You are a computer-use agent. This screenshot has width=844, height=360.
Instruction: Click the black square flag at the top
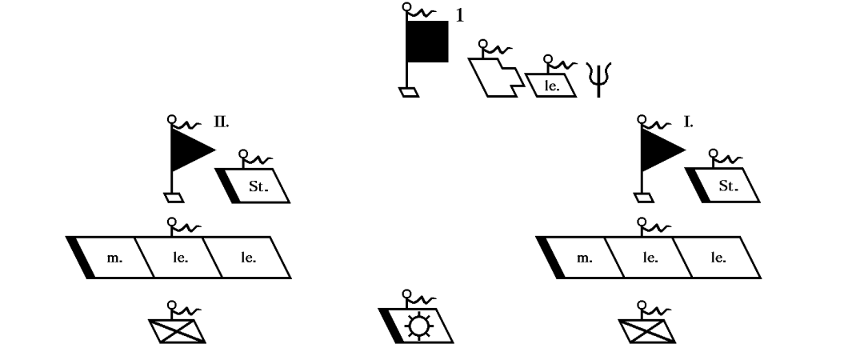point(427,42)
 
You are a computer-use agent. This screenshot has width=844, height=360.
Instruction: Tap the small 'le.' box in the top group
point(551,83)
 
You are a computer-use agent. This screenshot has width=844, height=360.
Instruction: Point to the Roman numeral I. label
point(687,123)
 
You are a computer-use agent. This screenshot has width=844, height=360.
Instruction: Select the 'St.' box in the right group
point(726,185)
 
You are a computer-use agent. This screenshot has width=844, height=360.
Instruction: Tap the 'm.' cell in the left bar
point(112,258)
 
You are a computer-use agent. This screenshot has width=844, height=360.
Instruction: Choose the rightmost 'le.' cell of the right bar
point(718,258)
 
